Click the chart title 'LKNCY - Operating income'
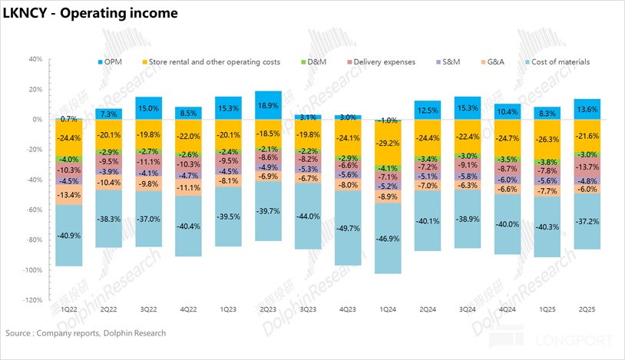pos(91,13)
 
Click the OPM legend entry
pos(110,61)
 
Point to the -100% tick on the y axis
pos(31,270)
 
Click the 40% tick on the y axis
pos(33,59)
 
